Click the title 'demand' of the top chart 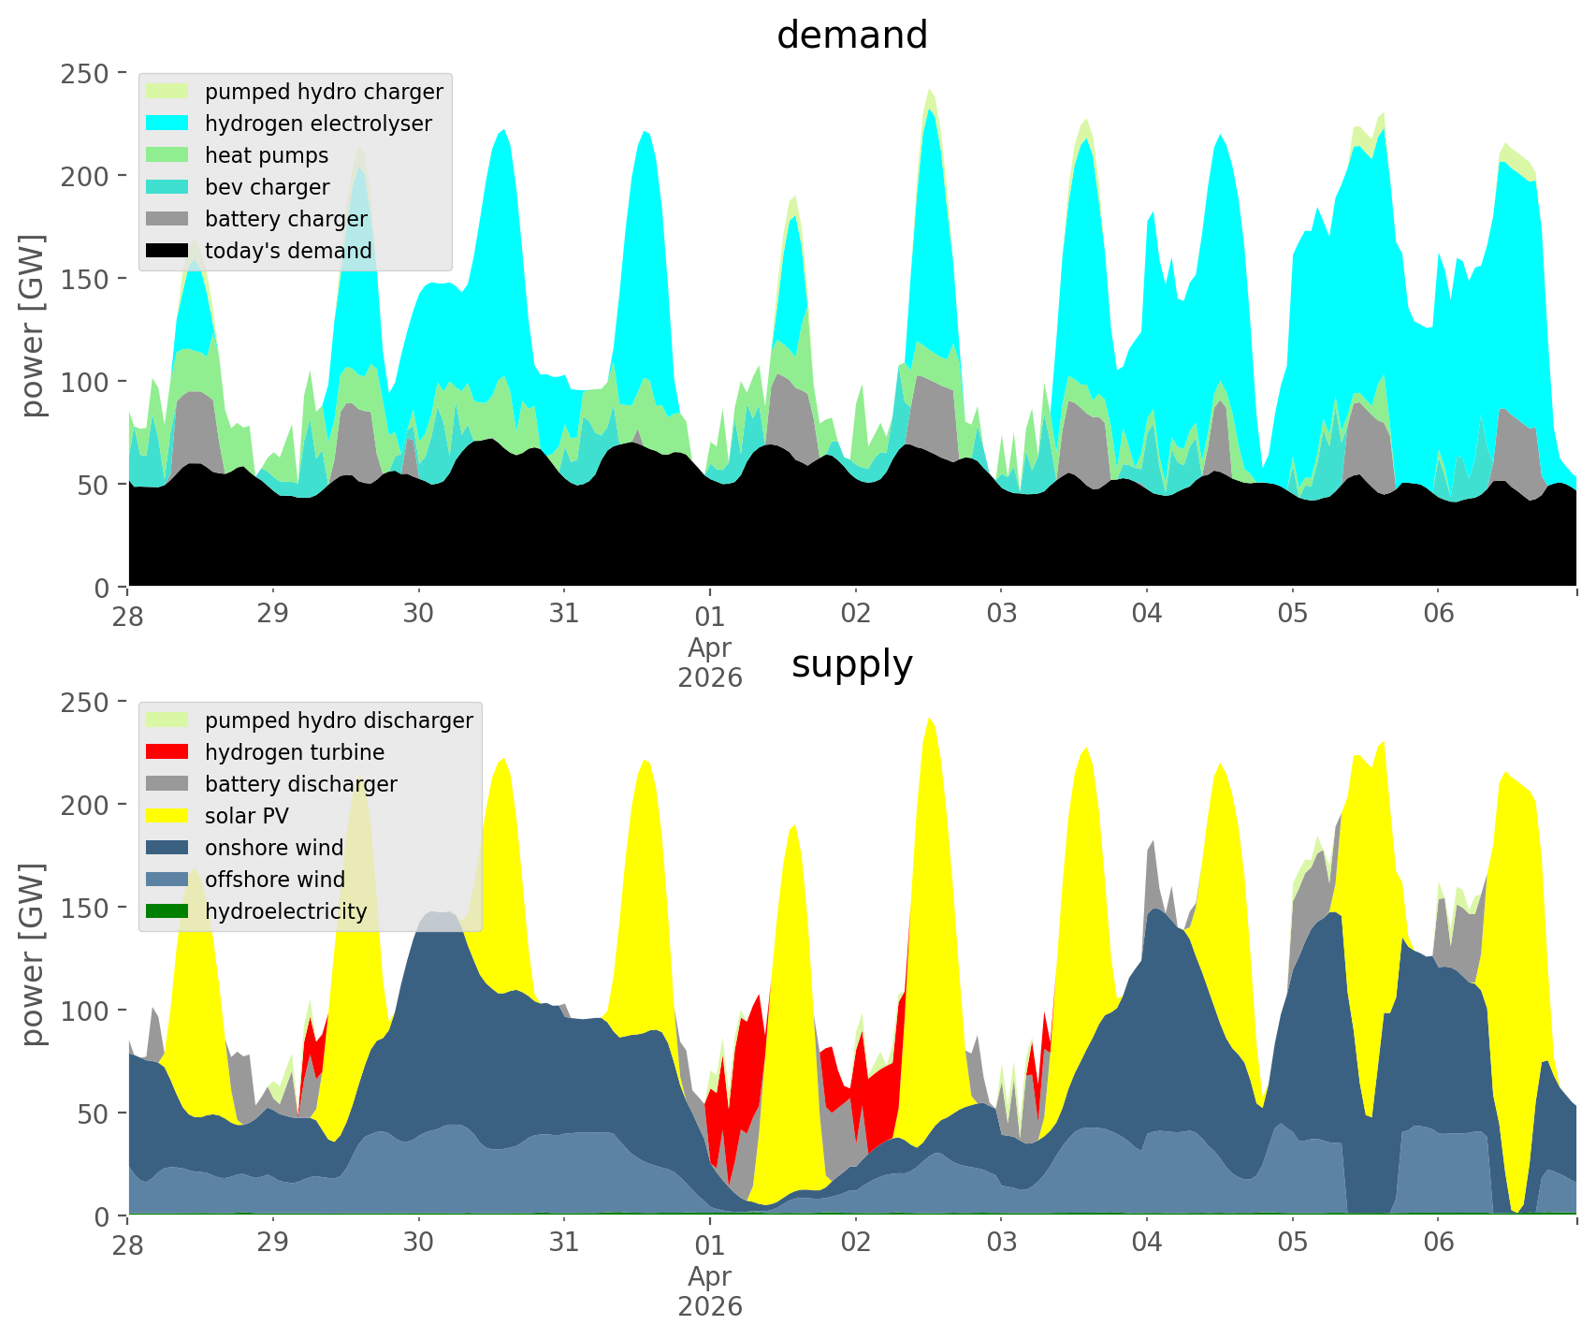coord(851,36)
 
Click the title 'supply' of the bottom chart coord(851,664)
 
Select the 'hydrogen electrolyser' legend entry coord(318,124)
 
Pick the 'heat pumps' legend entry coord(267,155)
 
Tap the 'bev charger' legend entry coord(267,187)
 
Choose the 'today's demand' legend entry coord(288,251)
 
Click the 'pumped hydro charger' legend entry coord(324,92)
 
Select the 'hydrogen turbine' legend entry coord(295,752)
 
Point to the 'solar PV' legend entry coord(247,816)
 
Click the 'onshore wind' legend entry coord(274,848)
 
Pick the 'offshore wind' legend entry coord(275,880)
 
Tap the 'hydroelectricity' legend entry coord(285,911)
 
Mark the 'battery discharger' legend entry coord(300,784)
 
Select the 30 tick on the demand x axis coord(418,614)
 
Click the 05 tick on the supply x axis coord(1292,1243)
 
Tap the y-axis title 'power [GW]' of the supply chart coord(34,954)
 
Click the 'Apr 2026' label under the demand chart coord(710,662)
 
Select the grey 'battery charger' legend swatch coord(168,219)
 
